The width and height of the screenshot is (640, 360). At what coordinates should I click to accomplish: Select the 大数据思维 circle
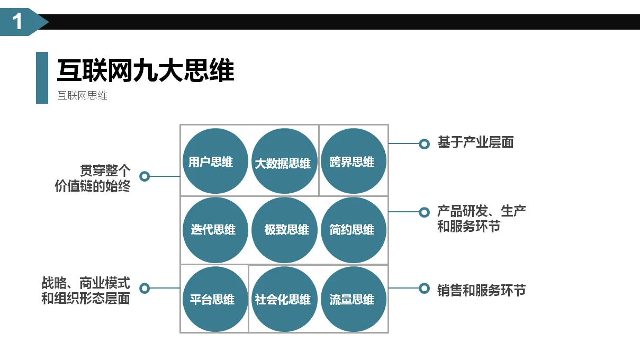click(283, 161)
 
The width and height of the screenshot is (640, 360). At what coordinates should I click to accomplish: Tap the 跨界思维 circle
click(353, 161)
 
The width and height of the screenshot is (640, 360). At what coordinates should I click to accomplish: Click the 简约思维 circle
click(353, 230)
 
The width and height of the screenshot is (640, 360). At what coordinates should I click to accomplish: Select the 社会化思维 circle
click(283, 299)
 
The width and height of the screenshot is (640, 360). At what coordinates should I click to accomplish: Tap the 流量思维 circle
click(353, 299)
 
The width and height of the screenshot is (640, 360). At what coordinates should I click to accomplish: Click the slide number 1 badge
click(19, 22)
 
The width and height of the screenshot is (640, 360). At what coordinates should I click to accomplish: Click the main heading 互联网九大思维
click(146, 71)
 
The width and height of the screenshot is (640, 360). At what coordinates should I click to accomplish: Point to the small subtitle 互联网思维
click(82, 96)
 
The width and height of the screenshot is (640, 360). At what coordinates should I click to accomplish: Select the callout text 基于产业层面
click(475, 142)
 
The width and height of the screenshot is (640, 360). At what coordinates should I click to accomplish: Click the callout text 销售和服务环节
click(481, 290)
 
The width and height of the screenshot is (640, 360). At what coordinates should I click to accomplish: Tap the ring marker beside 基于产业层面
click(423, 143)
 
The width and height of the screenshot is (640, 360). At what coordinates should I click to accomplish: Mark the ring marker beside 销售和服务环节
click(423, 288)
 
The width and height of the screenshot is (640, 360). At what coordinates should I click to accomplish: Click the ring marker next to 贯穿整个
click(144, 176)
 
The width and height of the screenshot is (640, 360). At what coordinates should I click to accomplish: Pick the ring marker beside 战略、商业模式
click(144, 288)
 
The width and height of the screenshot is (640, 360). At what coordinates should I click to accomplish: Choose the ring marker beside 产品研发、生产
click(423, 212)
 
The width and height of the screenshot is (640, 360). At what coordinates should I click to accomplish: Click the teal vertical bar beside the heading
click(42, 77)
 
